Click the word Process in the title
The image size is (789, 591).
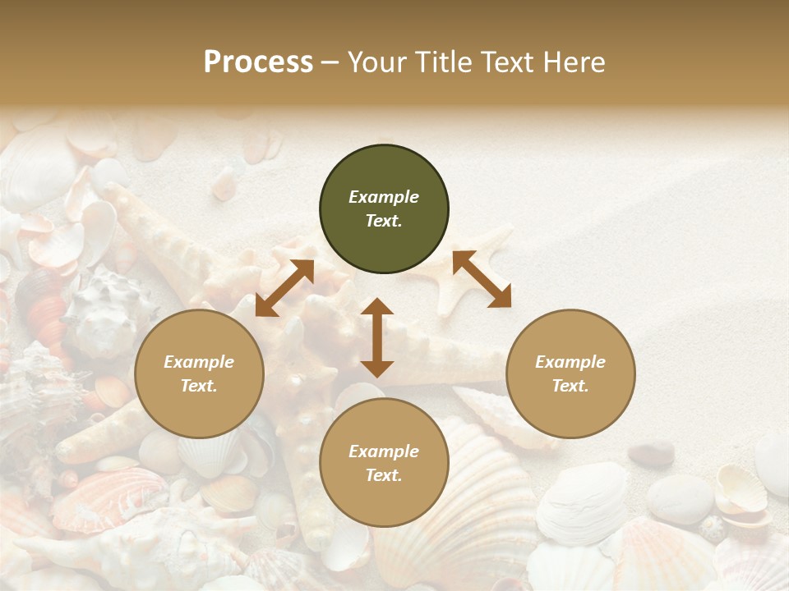point(258,62)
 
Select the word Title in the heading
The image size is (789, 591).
point(441,62)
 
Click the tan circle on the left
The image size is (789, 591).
point(199,373)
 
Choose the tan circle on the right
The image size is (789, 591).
point(570,373)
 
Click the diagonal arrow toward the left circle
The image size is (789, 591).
point(284,288)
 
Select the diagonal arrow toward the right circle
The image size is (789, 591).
point(482,279)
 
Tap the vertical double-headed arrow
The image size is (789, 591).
point(377,337)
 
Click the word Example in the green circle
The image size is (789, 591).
point(384,197)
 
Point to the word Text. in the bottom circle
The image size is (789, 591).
point(384,475)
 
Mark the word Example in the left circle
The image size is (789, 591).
point(199,362)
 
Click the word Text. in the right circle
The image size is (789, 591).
point(570,386)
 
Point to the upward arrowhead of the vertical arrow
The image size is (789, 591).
point(377,308)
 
